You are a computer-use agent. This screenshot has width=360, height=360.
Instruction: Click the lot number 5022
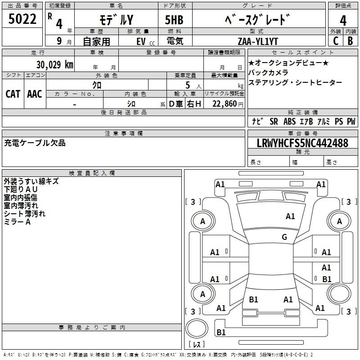coord(22,19)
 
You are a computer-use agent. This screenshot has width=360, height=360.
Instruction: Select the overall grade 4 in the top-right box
coord(343,20)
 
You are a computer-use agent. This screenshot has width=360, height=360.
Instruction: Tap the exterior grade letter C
coord(336,41)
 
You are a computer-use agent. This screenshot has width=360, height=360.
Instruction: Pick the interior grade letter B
coord(351,41)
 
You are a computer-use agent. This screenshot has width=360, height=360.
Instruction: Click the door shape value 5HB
coord(174,20)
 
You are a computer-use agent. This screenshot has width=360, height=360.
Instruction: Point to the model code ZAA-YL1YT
coord(258,41)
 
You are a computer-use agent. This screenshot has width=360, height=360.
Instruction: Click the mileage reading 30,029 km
coord(54,64)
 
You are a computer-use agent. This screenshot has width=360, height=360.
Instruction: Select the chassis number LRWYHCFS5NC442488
coord(302,143)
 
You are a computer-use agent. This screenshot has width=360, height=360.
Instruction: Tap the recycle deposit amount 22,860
coord(224,104)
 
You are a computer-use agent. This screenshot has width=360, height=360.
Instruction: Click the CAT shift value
coord(13,94)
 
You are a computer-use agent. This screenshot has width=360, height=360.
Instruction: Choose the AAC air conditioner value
coord(35,94)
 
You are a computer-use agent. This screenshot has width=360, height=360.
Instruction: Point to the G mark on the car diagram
coord(284,237)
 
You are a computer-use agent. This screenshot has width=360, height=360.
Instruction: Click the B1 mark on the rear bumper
coord(221,332)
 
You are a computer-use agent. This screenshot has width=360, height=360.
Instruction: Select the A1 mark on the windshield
coord(290,216)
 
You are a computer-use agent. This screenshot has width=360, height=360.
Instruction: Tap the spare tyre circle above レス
coord(197,328)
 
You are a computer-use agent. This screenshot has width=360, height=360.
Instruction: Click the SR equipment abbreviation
coord(274,121)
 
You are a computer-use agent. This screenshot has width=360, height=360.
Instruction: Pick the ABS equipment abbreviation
coord(289,121)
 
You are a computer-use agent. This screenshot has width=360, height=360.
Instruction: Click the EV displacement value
coord(141,41)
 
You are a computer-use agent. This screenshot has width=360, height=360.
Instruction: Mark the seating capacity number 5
coord(188,85)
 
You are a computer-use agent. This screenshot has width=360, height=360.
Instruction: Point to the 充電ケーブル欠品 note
coord(35,143)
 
